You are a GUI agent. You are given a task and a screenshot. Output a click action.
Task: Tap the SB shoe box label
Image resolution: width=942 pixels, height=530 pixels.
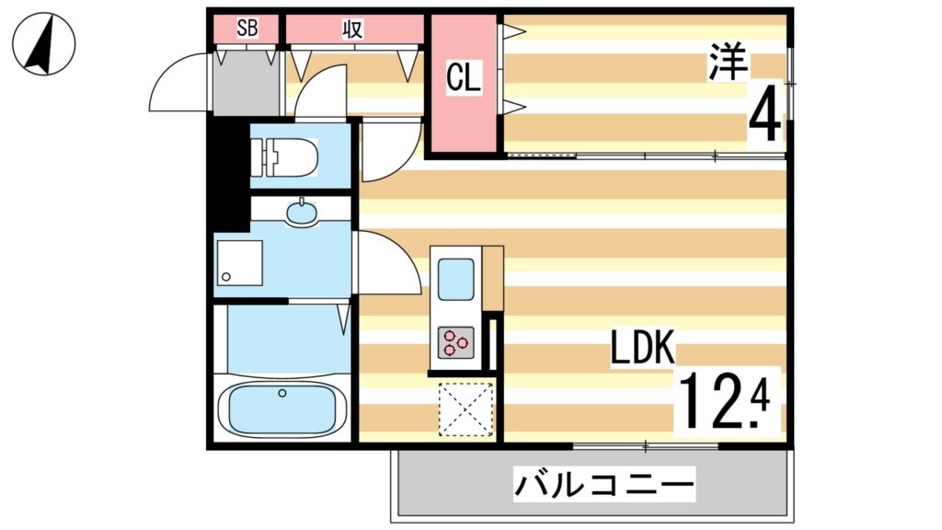pos(247,29)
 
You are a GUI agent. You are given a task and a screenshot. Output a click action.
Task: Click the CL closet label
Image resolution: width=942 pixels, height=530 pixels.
pos(464,79)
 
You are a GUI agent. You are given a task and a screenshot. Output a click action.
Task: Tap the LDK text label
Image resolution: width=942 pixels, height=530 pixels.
pos(643,351)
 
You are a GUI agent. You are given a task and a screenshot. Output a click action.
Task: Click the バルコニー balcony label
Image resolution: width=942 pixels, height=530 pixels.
pos(603,483)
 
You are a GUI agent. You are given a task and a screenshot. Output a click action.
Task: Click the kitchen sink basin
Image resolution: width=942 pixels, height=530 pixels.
pos(455,279)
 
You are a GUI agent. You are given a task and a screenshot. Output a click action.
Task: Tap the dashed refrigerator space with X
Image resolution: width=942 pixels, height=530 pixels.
pos(465,407)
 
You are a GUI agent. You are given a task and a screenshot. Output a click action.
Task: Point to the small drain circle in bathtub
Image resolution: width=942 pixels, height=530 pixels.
pos(282,394)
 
